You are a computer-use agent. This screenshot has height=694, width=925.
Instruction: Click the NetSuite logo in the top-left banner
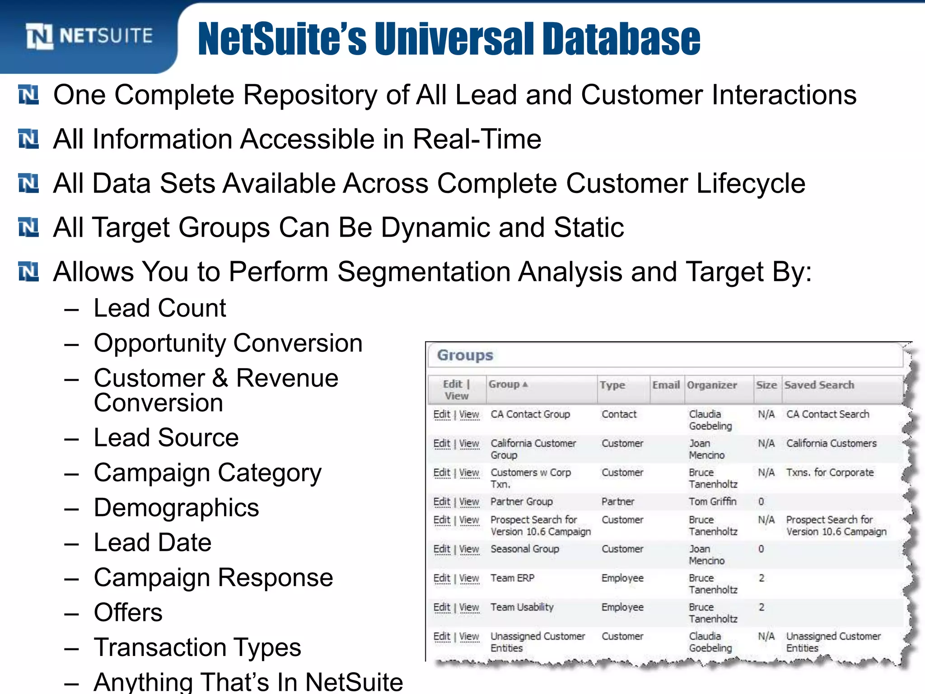click(89, 36)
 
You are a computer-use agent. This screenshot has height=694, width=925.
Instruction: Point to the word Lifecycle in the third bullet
click(751, 183)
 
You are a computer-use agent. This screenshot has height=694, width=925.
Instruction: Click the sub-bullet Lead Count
click(159, 308)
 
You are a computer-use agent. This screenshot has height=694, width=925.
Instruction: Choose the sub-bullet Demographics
click(176, 507)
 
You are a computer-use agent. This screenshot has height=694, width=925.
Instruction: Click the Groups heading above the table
click(465, 355)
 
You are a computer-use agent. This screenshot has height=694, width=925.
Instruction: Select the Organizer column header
click(712, 385)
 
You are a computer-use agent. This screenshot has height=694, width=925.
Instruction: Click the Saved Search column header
click(819, 385)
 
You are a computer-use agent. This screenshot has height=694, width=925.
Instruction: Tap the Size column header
click(766, 385)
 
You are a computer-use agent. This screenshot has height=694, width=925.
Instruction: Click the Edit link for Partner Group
click(441, 502)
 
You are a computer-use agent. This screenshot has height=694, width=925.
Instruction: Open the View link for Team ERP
click(469, 578)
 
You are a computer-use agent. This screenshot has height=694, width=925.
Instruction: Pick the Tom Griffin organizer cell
click(712, 502)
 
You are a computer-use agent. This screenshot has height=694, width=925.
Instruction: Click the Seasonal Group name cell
click(524, 549)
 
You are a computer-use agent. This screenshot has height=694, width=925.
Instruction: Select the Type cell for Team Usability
click(622, 607)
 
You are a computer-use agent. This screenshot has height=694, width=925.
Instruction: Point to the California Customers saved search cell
click(831, 443)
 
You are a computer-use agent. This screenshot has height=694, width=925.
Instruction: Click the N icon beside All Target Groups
click(28, 227)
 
